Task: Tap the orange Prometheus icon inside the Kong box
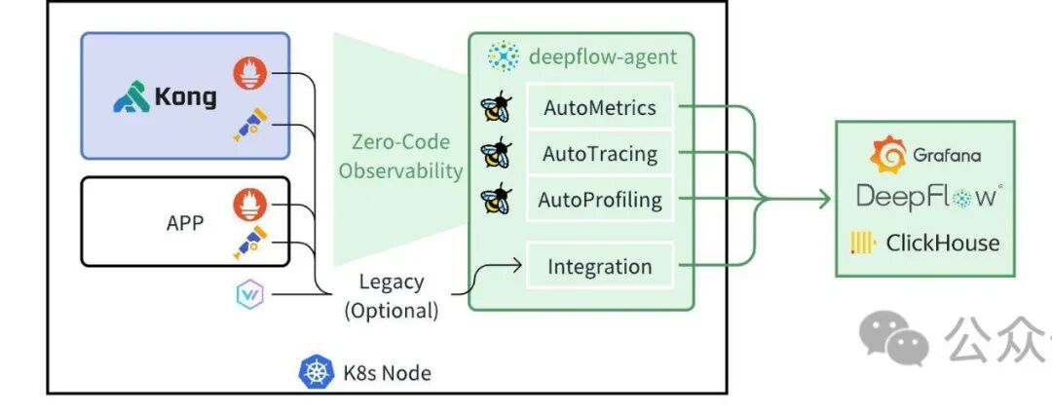point(249,74)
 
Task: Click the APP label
point(185,222)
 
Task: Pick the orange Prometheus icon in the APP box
point(249,205)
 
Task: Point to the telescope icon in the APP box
point(249,243)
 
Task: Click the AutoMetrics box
point(600,107)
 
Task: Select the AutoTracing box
point(600,154)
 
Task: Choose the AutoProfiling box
point(600,201)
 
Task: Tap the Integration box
point(600,266)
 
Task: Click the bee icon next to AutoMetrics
point(496,108)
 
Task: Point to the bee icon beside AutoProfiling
point(496,200)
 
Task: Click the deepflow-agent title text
point(602,56)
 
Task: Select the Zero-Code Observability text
point(407,157)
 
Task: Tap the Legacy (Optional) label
point(392,296)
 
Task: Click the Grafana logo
point(925,155)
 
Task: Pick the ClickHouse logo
point(925,243)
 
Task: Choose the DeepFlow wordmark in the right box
point(925,196)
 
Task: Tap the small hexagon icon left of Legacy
point(248,292)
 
